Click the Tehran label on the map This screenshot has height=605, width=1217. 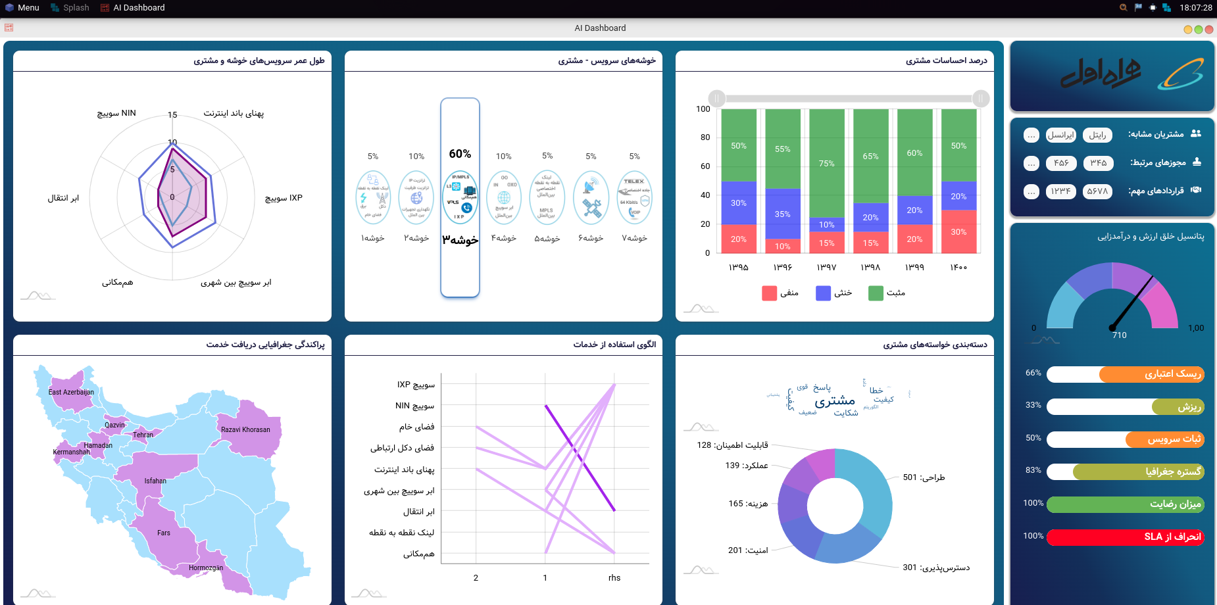143,435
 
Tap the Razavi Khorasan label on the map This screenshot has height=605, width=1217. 245,429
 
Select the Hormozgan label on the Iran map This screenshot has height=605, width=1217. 206,568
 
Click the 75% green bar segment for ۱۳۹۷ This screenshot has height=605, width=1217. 826,163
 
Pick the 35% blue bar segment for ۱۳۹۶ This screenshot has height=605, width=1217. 782,214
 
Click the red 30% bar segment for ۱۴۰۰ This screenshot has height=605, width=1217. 958,231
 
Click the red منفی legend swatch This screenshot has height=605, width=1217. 769,293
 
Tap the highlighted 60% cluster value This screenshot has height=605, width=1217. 460,154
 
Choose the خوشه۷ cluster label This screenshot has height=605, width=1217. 634,238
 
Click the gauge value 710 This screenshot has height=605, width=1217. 1119,335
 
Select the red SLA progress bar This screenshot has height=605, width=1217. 1125,537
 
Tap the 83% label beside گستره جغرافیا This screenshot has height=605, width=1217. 1033,470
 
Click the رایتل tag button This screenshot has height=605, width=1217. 1097,135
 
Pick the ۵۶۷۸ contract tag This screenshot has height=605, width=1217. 1097,191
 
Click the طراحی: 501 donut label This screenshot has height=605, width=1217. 924,477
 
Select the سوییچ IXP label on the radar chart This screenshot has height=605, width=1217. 284,198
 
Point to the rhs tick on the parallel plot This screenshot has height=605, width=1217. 614,577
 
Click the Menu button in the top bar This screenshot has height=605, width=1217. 22,8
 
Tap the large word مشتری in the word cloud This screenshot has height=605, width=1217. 835,400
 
